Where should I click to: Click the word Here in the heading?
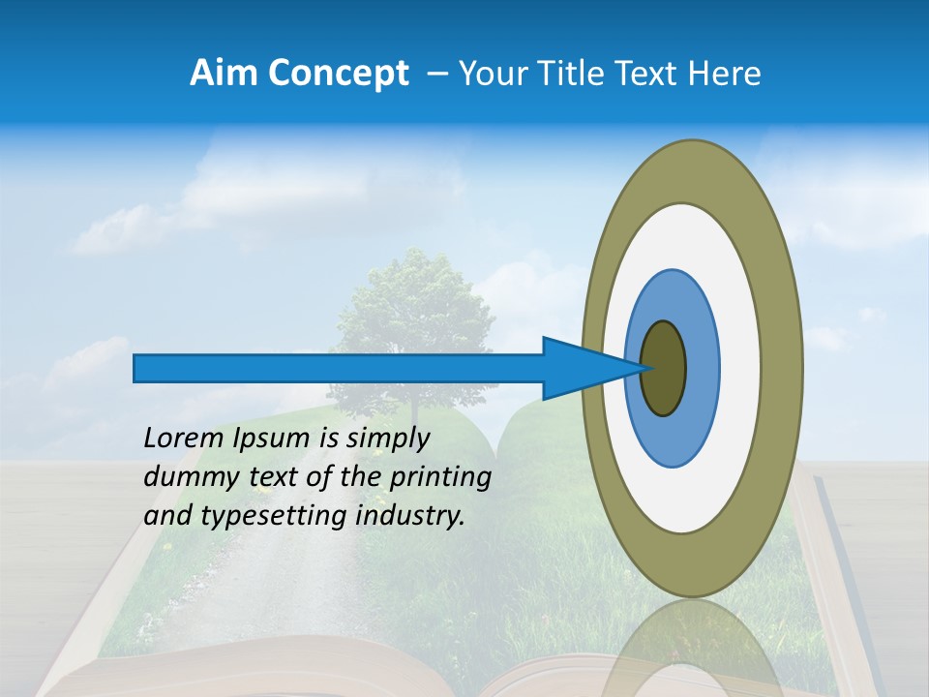(x=725, y=74)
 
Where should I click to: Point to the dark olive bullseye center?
(x=664, y=369)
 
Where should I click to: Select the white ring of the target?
(x=740, y=369)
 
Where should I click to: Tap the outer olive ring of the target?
(x=784, y=369)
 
